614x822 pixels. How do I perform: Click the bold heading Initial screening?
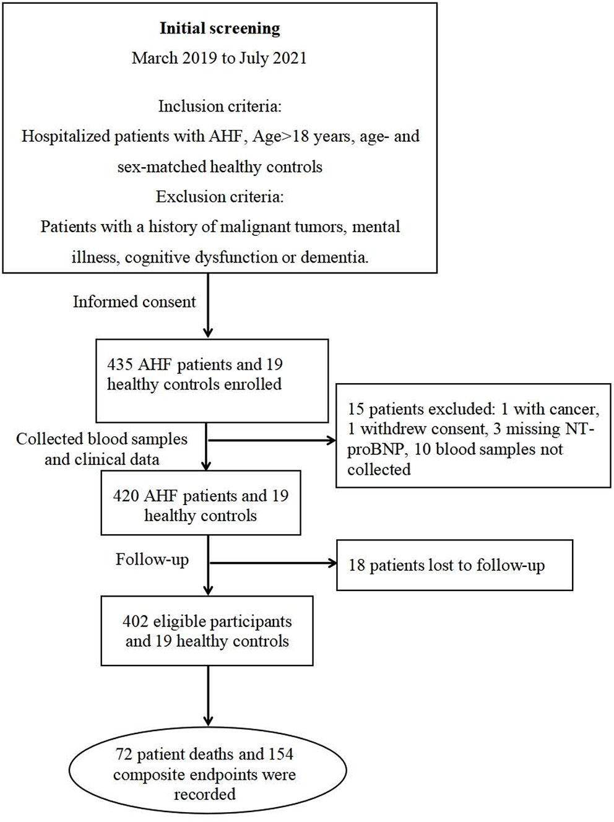(220, 28)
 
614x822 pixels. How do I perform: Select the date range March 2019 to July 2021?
(219, 58)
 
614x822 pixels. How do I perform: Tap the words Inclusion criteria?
(220, 106)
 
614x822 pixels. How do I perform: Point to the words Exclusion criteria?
(220, 197)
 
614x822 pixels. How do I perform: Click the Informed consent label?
(134, 301)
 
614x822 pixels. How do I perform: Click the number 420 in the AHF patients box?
(126, 496)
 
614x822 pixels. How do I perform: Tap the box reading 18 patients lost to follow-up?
(454, 565)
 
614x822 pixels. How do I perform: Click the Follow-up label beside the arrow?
(152, 560)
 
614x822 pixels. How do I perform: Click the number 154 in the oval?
(280, 754)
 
